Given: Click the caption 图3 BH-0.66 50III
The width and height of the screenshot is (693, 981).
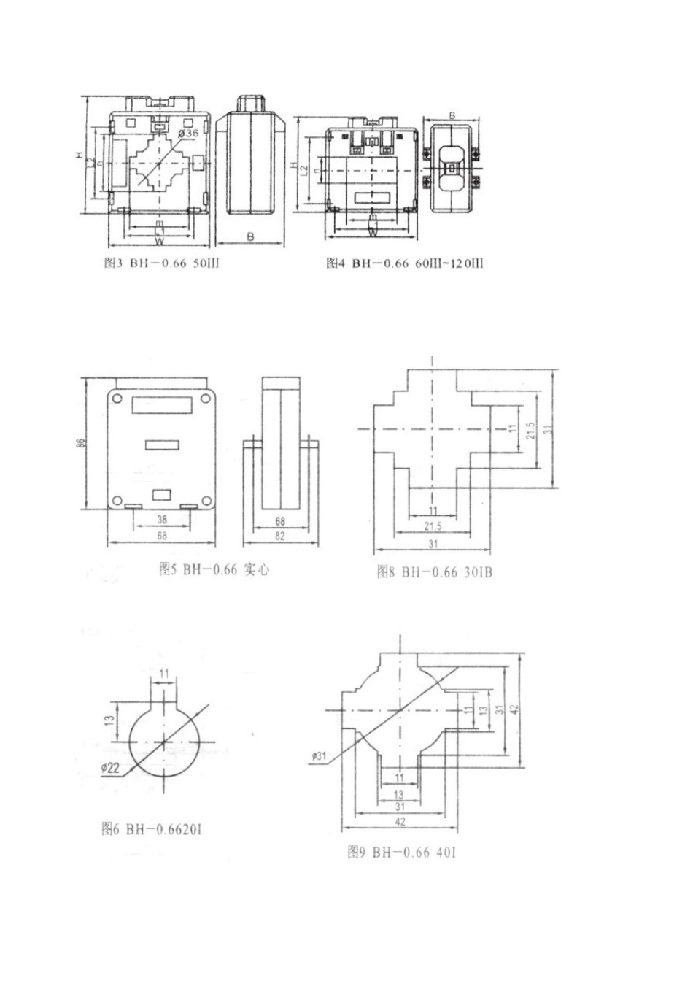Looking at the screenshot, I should coord(161,263).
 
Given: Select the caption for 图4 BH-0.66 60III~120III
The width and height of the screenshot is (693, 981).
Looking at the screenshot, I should coord(403,263).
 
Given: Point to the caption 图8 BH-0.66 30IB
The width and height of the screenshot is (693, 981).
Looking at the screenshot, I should coord(435,572).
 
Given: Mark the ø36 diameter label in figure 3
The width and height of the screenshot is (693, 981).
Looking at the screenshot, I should coord(188,134).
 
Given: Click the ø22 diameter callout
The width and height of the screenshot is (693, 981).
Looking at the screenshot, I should coord(111,766).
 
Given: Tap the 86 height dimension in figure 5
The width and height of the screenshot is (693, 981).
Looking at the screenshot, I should coord(81,443).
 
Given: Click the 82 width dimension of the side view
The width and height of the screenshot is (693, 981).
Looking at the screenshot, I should coord(280,536).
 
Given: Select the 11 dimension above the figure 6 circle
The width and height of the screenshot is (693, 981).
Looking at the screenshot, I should coord(163,672).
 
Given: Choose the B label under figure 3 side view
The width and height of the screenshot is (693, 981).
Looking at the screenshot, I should coord(249,237).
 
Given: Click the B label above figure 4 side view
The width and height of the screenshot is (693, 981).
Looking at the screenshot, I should coord(452,115).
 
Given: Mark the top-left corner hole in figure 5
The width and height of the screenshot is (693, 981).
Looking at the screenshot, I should coord(117,397).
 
